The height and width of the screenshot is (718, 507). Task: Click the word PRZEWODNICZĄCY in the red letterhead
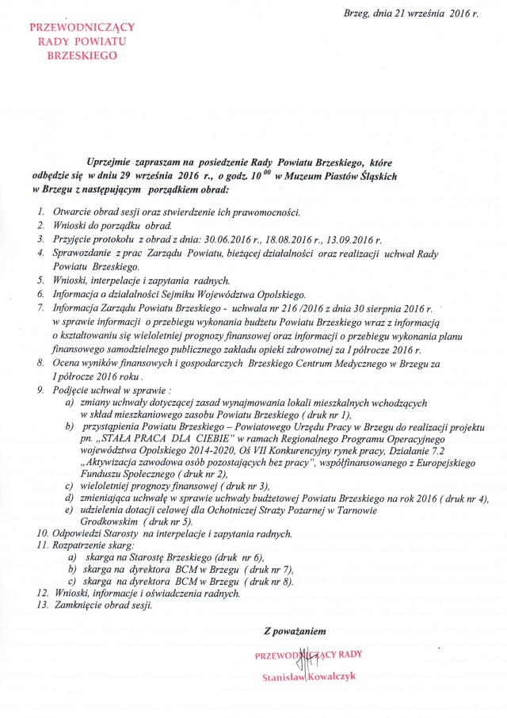click(73, 27)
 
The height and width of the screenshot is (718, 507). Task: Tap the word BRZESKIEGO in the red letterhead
click(73, 55)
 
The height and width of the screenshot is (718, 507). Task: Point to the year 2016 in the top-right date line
click(458, 13)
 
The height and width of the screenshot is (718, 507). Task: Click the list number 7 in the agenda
click(40, 307)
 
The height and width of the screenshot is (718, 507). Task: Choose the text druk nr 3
click(242, 485)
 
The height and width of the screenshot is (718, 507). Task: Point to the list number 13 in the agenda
click(42, 605)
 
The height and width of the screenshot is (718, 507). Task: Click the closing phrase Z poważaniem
click(294, 632)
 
